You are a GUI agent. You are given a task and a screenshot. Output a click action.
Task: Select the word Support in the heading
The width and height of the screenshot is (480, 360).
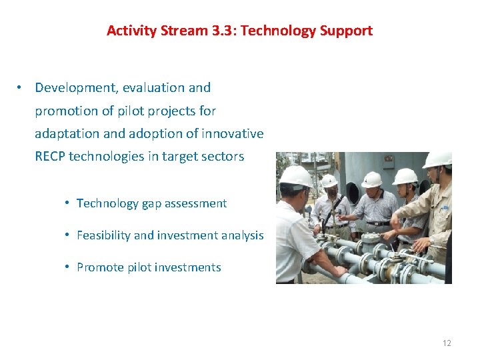coord(348,31)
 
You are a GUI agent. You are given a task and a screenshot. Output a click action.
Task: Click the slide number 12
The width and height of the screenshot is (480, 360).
coord(447,343)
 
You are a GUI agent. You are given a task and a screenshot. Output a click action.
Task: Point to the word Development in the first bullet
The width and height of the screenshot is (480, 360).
coord(75,87)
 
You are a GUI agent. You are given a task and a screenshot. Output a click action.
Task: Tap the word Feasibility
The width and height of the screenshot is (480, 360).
coord(103,235)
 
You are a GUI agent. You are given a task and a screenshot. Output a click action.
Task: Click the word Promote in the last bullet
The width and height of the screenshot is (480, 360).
coord(99,267)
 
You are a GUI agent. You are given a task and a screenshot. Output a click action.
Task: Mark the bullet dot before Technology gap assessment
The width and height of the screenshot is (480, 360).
coord(68,203)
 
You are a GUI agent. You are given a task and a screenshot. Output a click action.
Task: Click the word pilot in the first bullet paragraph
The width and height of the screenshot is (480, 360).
coord(125,111)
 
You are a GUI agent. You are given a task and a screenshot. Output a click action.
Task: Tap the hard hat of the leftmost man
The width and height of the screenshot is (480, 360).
coord(295,177)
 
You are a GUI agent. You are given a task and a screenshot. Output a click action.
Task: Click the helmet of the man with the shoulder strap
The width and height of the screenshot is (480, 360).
coord(329,181)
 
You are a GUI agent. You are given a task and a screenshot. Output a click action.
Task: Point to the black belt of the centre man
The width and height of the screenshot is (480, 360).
coord(377,223)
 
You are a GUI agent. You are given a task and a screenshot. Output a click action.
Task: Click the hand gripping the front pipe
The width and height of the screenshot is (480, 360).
coord(339,271)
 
